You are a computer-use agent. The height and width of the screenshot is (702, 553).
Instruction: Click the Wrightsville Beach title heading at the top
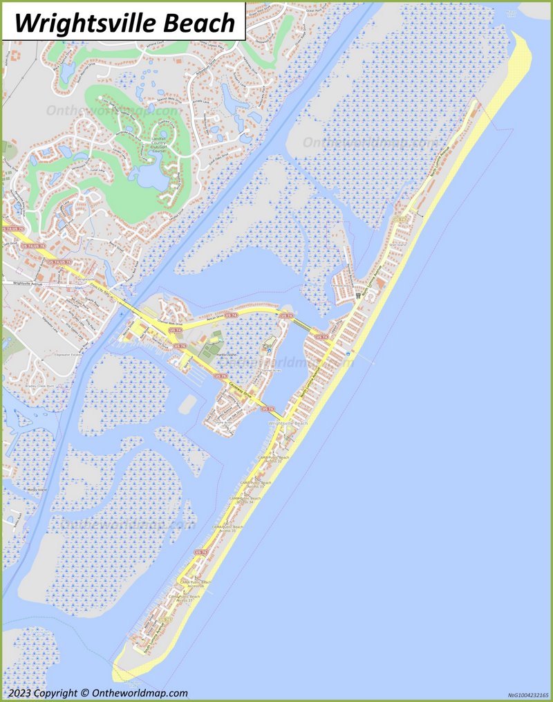[124, 23]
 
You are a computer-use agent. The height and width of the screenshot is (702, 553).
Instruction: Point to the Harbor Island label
[207, 353]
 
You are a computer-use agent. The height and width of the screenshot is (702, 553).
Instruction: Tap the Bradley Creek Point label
[26, 386]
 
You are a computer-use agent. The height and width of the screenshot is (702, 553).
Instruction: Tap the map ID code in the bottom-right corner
[528, 694]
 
